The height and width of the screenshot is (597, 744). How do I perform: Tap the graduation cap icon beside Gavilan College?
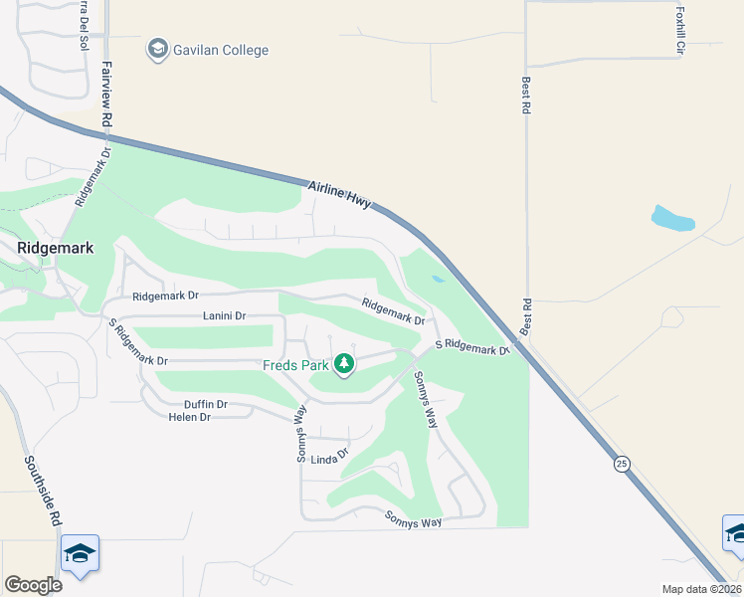pyautogui.click(x=157, y=49)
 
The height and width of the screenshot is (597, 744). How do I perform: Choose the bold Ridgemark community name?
pyautogui.click(x=56, y=248)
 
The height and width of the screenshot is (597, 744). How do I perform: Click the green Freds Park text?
pyautogui.click(x=294, y=364)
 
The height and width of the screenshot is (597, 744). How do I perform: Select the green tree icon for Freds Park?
pyautogui.click(x=344, y=364)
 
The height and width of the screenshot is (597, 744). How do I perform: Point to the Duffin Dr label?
pyautogui.click(x=206, y=404)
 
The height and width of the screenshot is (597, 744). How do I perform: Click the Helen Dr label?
pyautogui.click(x=190, y=417)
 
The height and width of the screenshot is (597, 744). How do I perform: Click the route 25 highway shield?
pyautogui.click(x=622, y=465)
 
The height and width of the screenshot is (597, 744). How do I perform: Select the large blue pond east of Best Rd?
pyautogui.click(x=672, y=218)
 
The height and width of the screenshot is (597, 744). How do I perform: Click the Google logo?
pyautogui.click(x=33, y=585)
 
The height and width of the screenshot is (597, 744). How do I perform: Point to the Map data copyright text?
pyautogui.click(x=701, y=589)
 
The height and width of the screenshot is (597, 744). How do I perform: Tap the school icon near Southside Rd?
pyautogui.click(x=80, y=552)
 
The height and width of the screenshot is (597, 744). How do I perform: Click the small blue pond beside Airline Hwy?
pyautogui.click(x=438, y=280)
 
